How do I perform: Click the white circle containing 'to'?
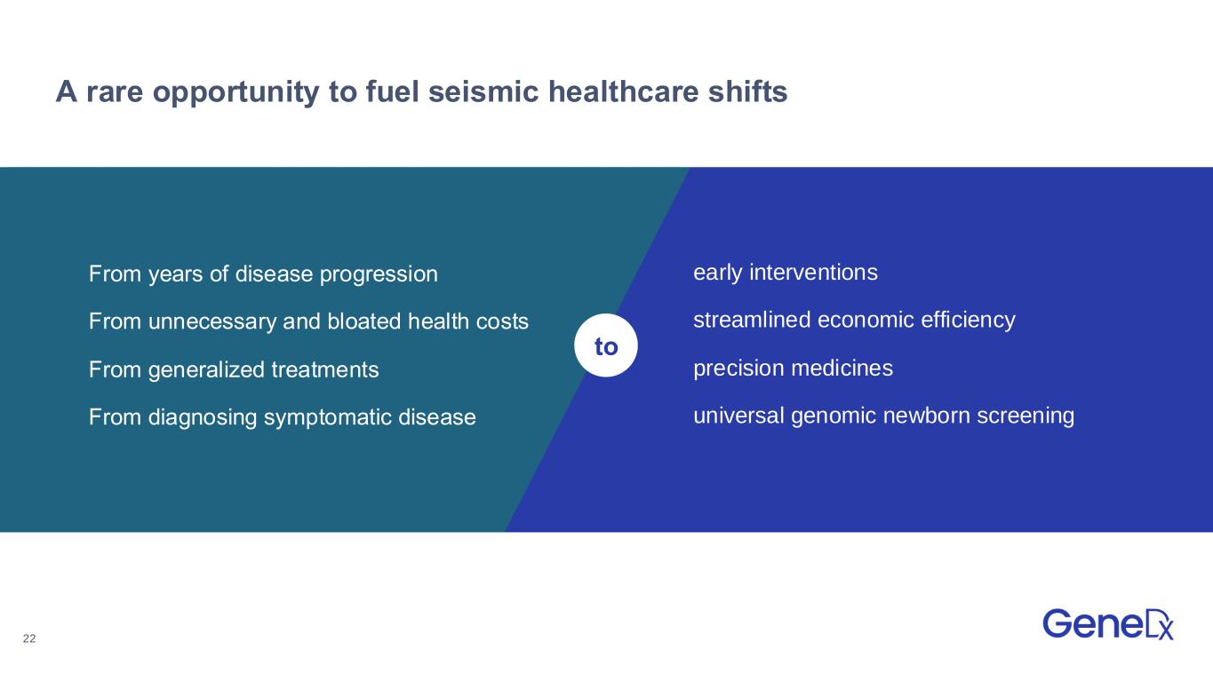pos(606,345)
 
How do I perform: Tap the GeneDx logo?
pos(1108,624)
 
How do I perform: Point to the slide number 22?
pos(29,638)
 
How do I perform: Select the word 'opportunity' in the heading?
pos(236,92)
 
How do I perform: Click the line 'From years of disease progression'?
pos(263,274)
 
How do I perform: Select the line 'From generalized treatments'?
pos(234,369)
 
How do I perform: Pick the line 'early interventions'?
pos(786,273)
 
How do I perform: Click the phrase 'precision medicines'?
pos(793,368)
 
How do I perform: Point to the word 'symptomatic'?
pos(328,417)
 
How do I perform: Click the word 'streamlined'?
pos(752,320)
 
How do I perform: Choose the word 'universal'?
pos(738,416)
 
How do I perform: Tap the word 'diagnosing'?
pos(203,417)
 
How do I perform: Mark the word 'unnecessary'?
pos(212,321)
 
